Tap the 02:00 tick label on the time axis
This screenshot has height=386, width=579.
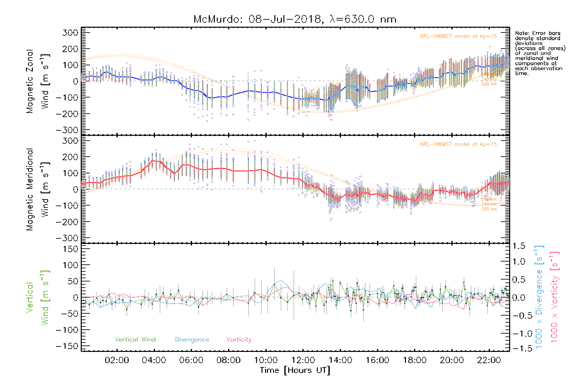point(117,360)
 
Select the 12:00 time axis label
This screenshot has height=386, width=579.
point(303,360)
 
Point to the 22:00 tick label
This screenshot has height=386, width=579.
point(489,360)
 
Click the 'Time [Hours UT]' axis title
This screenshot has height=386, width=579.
point(295,370)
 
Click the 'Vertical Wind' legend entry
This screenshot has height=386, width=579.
point(135,340)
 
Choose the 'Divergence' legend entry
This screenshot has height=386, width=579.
point(192,340)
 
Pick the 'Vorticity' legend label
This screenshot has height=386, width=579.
point(239,340)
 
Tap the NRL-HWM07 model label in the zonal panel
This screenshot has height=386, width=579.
point(458,36)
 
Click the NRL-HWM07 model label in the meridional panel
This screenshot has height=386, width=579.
point(458,144)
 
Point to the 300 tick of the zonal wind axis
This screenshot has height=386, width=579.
point(70,32)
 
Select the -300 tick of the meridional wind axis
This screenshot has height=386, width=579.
point(67,238)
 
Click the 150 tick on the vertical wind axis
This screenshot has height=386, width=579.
point(70,249)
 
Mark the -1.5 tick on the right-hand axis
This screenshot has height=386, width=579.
point(519,348)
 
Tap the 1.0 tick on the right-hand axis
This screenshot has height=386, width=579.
point(519,262)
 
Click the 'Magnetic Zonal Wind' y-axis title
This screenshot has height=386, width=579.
point(38,81)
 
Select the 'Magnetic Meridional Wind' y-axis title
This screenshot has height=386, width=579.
point(38,189)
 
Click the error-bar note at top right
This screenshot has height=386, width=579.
point(540,53)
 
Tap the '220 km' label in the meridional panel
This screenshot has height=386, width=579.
point(489,209)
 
